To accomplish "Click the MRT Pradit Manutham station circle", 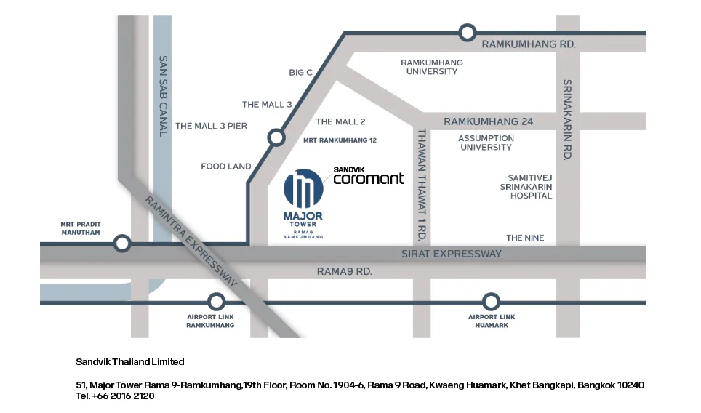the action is coord(122,244).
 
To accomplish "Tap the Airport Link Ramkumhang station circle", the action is coord(217,302).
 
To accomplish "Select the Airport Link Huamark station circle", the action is coord(492,302).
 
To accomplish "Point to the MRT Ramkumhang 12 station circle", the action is coord(276,137).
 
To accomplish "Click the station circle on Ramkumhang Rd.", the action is coord(468,33).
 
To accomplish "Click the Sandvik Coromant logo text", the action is coord(369,176).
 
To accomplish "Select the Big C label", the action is coord(300,73).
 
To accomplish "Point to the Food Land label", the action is coord(225,167).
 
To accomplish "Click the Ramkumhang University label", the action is coord(432,67).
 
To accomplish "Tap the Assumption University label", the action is coord(486,143).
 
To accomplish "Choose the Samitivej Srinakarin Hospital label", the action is coord(526,187).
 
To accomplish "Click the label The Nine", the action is coord(525,238).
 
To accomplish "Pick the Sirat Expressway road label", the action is coord(452,254).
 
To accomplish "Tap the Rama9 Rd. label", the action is coord(344,271).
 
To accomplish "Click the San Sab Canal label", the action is coord(163,96).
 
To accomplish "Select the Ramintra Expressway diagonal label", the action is coord(191,241).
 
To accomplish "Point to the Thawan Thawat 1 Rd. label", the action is coord(422,185).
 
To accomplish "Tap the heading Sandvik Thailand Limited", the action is coord(129,361).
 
